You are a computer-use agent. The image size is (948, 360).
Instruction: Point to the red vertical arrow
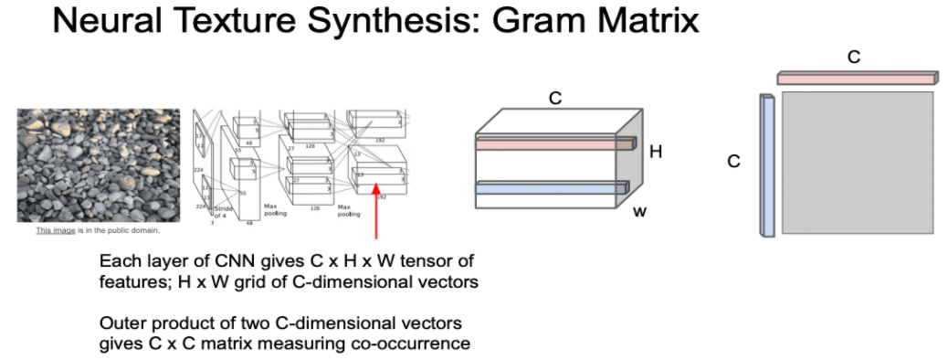coord(375,212)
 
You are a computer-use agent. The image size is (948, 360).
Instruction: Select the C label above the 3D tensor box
coord(554,96)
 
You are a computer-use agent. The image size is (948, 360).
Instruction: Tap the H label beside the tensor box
coord(655,152)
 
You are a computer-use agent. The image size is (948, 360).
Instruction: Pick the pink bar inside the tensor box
coord(553,143)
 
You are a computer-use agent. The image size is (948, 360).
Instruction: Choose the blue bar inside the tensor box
coord(552,187)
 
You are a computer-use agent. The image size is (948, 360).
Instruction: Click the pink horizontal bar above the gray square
coord(857,79)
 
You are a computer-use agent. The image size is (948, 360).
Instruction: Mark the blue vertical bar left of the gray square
coord(767,164)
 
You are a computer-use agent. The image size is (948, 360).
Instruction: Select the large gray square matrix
coord(858,162)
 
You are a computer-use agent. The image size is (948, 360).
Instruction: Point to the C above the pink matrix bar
coord(854,57)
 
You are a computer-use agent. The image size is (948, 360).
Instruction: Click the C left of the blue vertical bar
coord(733,162)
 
